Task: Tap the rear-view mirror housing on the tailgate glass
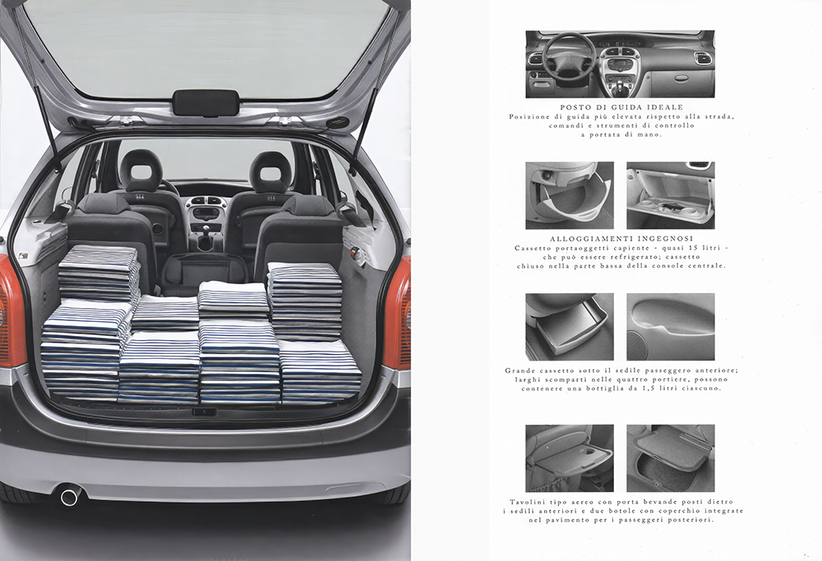(x=205, y=103)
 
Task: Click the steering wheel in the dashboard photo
(x=569, y=58)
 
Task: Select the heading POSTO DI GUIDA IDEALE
(x=621, y=108)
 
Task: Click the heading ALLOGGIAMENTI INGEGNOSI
(x=621, y=239)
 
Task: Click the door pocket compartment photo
(x=671, y=327)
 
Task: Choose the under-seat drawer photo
(x=570, y=327)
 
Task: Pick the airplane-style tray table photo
(x=570, y=458)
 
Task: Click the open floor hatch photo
(x=671, y=458)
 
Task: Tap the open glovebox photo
(x=671, y=195)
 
